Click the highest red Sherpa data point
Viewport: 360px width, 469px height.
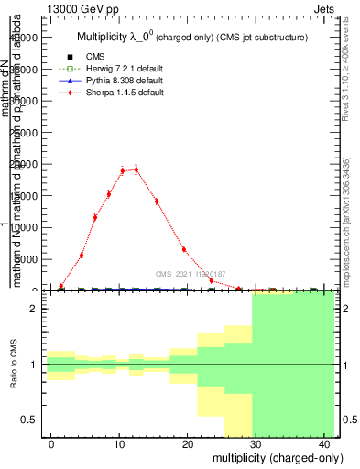click(136, 169)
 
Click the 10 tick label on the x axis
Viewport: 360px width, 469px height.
click(120, 443)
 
